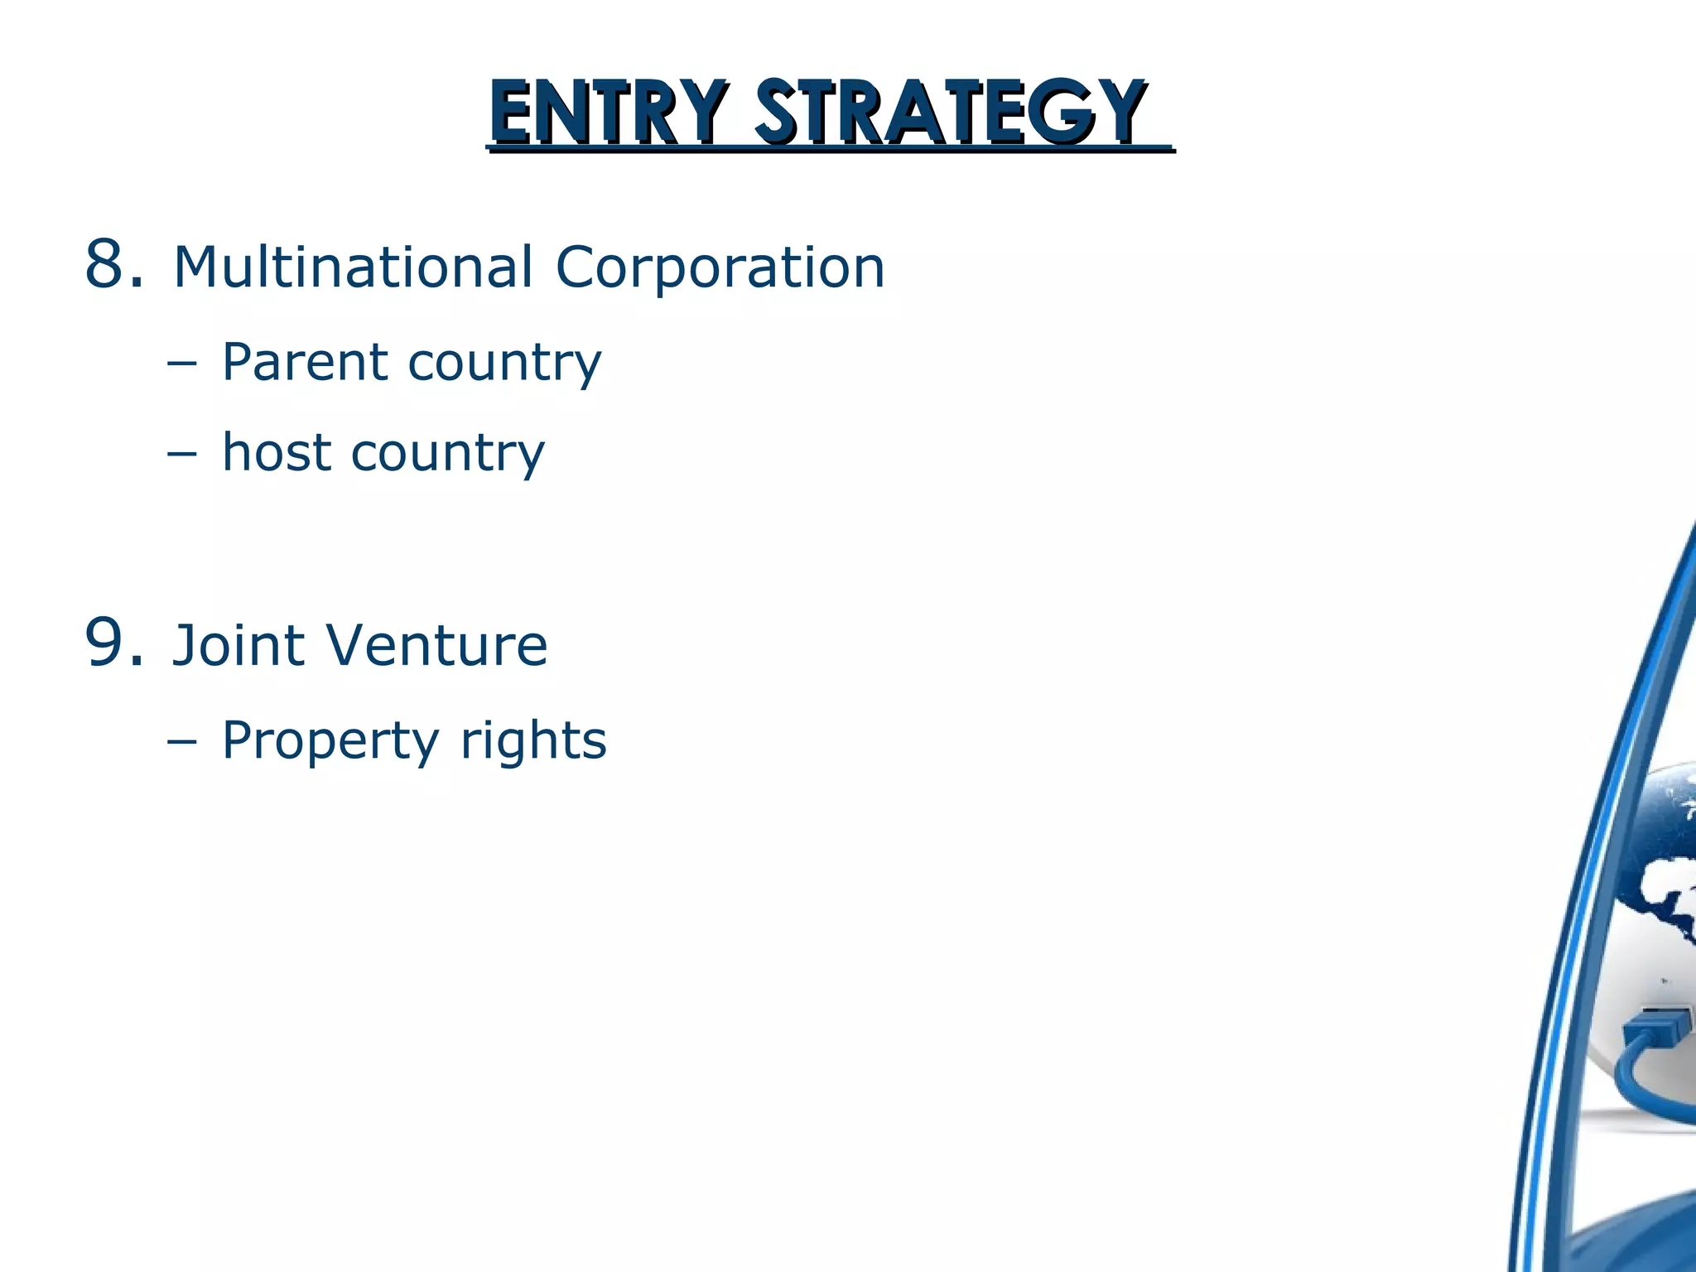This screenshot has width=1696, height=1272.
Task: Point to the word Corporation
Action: tap(720, 268)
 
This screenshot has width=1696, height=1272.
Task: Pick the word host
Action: tap(277, 452)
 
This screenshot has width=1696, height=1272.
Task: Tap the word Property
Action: tap(330, 741)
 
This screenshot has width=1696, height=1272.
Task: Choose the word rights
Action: tap(533, 741)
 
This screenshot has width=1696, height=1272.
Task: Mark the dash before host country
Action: tap(181, 454)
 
